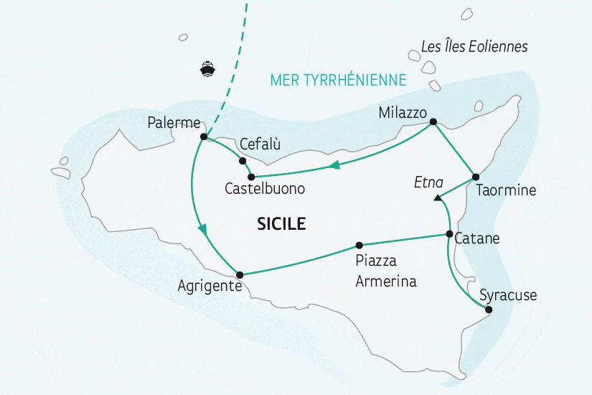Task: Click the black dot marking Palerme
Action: pyautogui.click(x=204, y=136)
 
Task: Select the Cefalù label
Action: pyautogui.click(x=260, y=144)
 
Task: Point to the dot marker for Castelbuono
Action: pyautogui.click(x=251, y=177)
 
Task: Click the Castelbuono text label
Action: pyautogui.click(x=265, y=190)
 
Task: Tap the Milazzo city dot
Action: pyautogui.click(x=433, y=122)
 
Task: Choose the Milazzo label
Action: pyautogui.click(x=403, y=113)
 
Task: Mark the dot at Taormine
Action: pyautogui.click(x=475, y=177)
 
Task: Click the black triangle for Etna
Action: pyautogui.click(x=438, y=197)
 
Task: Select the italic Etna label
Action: pyautogui.click(x=429, y=182)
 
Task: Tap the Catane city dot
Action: pyautogui.click(x=449, y=234)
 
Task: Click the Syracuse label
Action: pyautogui.click(x=507, y=295)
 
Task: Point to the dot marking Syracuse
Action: pyautogui.click(x=489, y=310)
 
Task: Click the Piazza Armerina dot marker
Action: pyautogui.click(x=360, y=244)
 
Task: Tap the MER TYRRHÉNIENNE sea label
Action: pyautogui.click(x=339, y=79)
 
